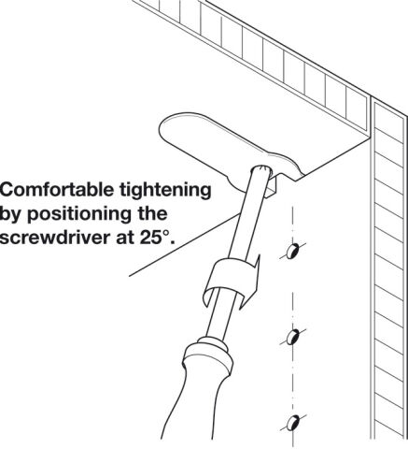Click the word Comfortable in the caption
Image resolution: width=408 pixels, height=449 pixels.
[x=57, y=190]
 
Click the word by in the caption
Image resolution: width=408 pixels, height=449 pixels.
[x=11, y=215]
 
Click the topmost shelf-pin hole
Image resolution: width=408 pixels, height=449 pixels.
[x=293, y=252]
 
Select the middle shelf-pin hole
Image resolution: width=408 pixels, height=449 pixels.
[x=292, y=338]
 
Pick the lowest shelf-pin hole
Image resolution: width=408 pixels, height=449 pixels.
[x=292, y=424]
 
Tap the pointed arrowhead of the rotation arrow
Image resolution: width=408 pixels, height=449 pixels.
[x=257, y=265]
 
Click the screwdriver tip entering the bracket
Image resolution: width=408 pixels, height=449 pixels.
[x=261, y=170]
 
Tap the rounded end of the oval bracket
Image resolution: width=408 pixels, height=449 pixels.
[x=166, y=128]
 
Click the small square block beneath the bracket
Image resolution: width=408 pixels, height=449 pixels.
[x=272, y=188]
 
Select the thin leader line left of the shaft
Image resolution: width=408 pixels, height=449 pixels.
[x=185, y=244]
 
